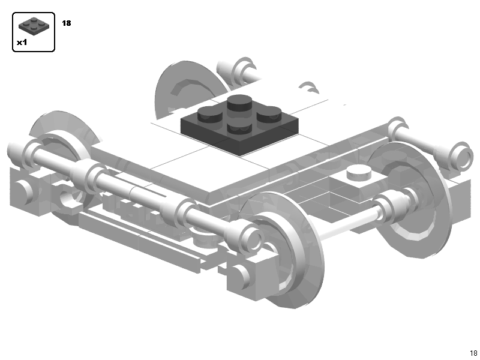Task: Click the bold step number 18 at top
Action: coord(66,23)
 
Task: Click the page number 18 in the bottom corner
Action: coord(473,353)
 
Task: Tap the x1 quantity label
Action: coord(22,43)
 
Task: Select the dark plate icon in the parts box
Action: coord(34,26)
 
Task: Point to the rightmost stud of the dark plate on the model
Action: coord(270,113)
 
